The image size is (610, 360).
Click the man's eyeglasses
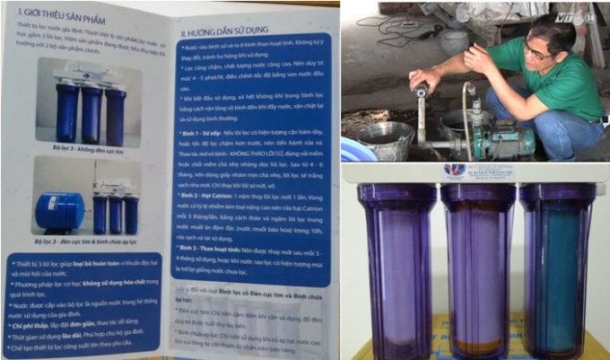point(539,52)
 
